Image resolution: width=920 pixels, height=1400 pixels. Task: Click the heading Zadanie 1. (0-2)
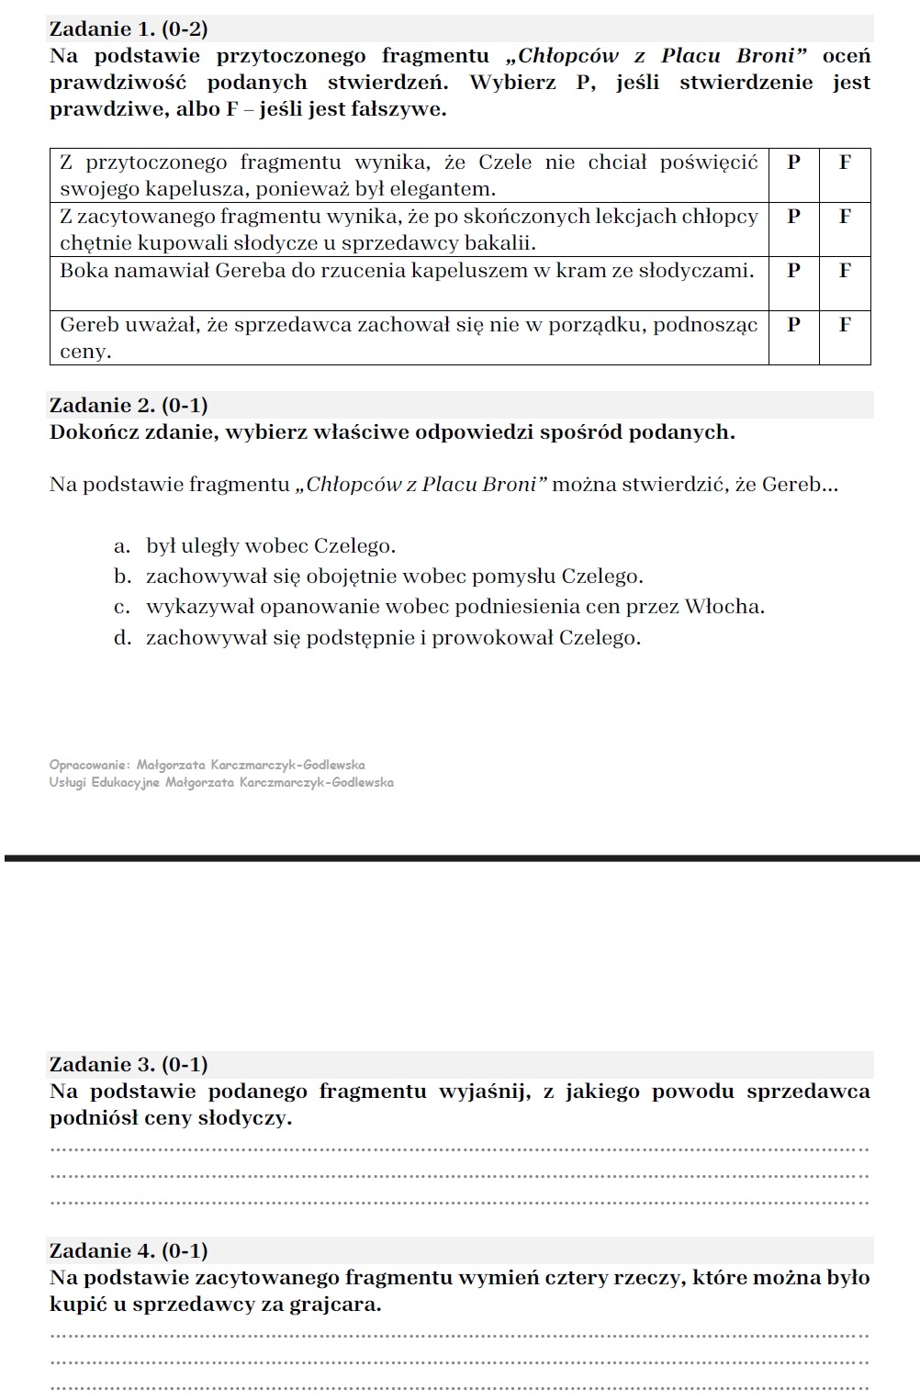coord(129,29)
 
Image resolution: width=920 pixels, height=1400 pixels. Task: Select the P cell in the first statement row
coord(793,162)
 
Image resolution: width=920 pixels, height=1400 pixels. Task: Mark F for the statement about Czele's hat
coord(845,162)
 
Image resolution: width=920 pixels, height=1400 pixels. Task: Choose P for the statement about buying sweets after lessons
coord(793,217)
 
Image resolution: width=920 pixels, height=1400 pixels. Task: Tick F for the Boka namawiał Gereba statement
coord(845,271)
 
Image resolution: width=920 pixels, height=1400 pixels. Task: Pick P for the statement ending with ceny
coord(793,324)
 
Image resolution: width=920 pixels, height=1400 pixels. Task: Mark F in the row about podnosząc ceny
coord(845,324)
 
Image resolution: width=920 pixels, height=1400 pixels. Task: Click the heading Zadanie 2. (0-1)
coord(129,405)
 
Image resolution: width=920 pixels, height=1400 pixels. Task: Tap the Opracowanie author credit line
coord(208,765)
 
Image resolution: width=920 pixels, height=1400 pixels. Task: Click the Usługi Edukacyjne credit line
coord(221,782)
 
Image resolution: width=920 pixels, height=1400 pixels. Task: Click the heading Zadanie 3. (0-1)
coord(129,1064)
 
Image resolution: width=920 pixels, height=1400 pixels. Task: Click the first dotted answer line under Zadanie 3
coord(459,1148)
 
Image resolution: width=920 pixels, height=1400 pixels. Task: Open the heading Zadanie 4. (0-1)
coord(129,1250)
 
